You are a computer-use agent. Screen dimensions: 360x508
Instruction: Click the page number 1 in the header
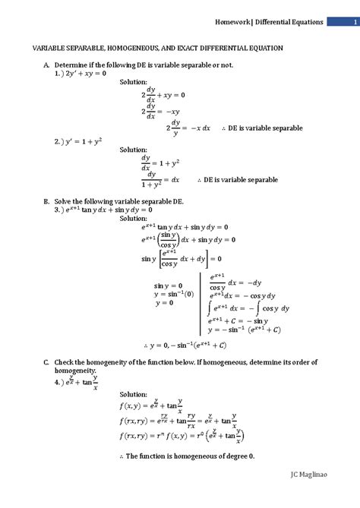click(343, 22)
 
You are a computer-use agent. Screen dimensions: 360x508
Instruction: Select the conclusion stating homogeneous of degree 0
click(186, 456)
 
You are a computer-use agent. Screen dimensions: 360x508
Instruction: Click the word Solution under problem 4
click(134, 394)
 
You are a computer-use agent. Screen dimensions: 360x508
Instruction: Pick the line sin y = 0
click(169, 286)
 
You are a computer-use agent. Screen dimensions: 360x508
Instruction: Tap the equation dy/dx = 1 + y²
click(159, 162)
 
